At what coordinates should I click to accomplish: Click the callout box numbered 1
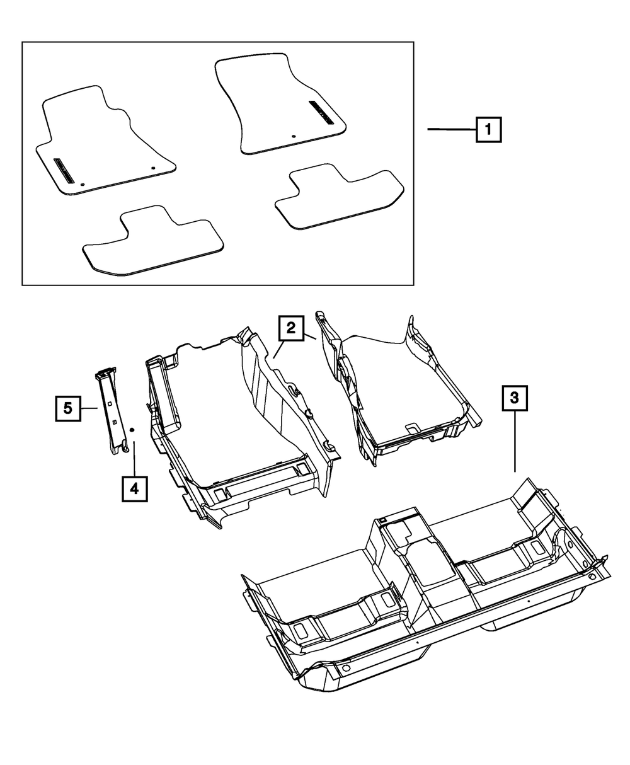point(489,130)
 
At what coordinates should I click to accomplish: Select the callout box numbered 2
point(290,328)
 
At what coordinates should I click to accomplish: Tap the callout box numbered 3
point(514,398)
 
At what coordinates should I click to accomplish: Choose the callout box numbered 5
point(67,408)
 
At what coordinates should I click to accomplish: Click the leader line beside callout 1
point(451,129)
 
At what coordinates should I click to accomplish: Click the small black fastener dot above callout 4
point(132,429)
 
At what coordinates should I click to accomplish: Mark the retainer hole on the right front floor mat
point(294,136)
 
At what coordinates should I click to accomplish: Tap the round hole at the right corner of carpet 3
point(592,577)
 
